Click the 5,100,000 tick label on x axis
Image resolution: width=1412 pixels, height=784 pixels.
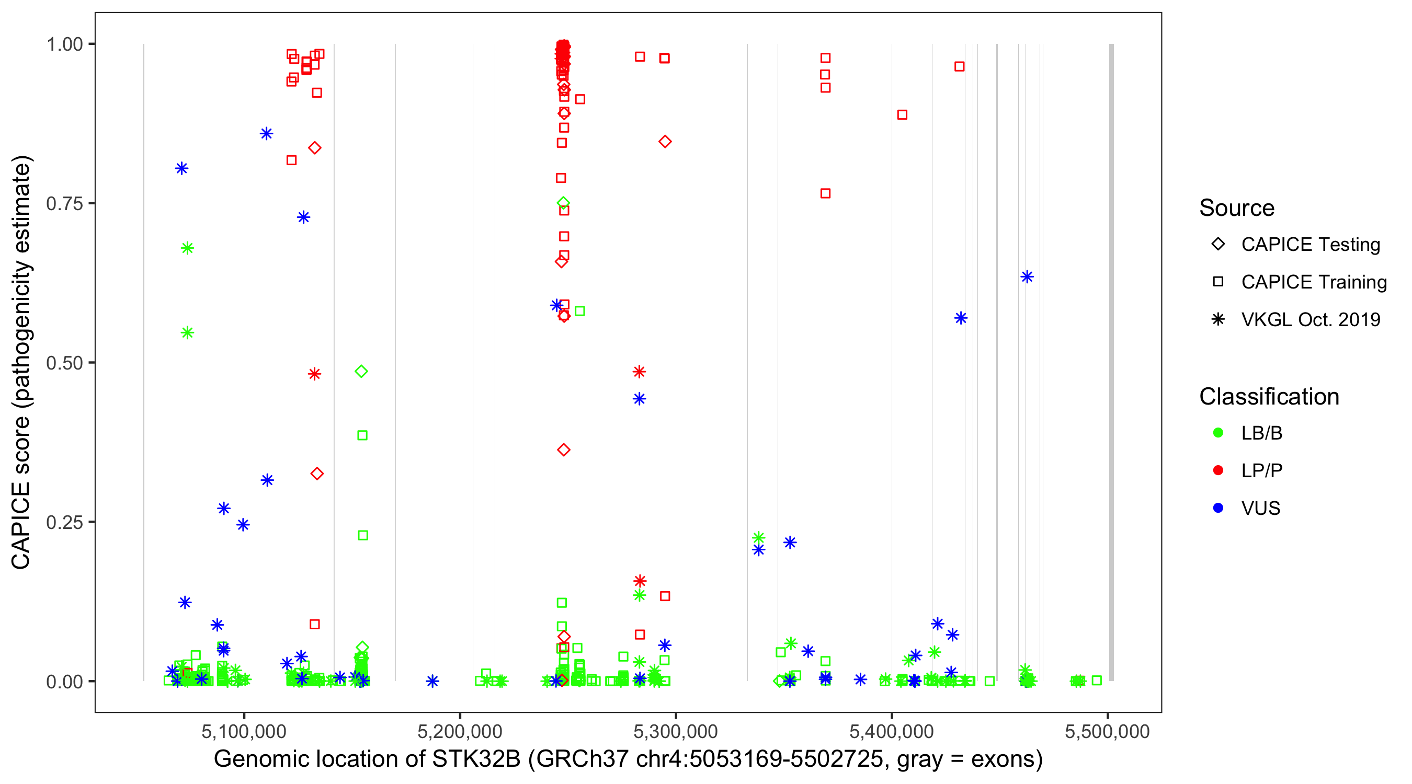click(x=243, y=731)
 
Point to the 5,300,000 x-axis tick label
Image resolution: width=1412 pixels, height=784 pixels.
click(x=675, y=731)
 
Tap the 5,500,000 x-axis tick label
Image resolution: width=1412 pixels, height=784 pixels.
click(x=1107, y=731)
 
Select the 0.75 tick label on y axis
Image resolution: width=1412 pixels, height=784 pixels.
click(x=64, y=204)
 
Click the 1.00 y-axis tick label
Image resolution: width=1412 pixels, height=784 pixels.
click(x=64, y=44)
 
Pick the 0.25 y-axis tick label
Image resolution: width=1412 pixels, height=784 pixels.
click(x=64, y=522)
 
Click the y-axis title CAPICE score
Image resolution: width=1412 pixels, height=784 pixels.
click(x=22, y=362)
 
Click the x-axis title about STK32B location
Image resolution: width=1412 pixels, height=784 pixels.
click(x=628, y=759)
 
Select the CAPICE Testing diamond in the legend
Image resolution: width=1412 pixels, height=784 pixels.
click(x=1218, y=245)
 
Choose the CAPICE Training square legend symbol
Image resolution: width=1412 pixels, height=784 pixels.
click(x=1218, y=282)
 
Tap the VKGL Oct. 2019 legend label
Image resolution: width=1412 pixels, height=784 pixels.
click(x=1311, y=320)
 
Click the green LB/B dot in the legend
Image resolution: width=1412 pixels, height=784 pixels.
click(x=1218, y=433)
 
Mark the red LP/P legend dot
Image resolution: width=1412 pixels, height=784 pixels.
click(x=1218, y=470)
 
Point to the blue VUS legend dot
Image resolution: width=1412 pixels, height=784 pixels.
click(x=1218, y=509)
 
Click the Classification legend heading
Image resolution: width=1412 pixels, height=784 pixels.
click(x=1269, y=397)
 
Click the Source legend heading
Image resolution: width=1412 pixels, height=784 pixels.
click(x=1237, y=208)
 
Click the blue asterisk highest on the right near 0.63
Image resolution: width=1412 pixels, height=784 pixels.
click(x=1027, y=277)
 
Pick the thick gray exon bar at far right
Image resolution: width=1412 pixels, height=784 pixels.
click(x=1112, y=362)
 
